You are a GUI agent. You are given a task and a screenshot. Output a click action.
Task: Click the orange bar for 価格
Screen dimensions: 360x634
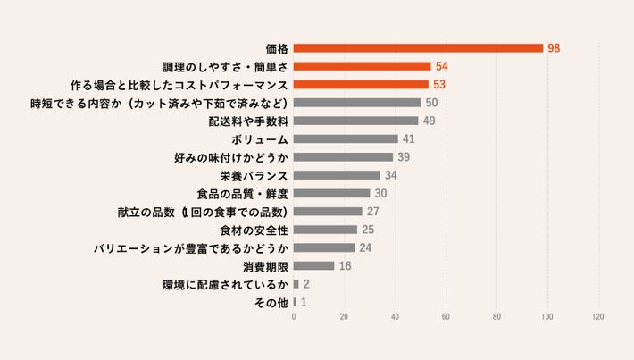pyautogui.click(x=418, y=47)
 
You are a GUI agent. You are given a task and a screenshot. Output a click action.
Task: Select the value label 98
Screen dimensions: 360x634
pyautogui.click(x=554, y=47)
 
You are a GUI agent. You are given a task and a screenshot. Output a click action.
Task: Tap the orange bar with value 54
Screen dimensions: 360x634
pyautogui.click(x=362, y=66)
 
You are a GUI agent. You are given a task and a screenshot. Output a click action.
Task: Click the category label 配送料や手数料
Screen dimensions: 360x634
pyautogui.click(x=248, y=121)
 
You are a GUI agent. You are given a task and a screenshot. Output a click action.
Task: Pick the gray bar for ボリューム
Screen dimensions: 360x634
pyautogui.click(x=346, y=138)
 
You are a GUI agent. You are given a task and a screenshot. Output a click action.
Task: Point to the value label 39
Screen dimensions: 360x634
pyautogui.click(x=404, y=157)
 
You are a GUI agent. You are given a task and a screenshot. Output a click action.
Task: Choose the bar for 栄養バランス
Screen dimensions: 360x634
pyautogui.click(x=337, y=175)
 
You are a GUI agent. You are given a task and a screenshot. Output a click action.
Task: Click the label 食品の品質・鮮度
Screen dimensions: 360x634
pyautogui.click(x=242, y=194)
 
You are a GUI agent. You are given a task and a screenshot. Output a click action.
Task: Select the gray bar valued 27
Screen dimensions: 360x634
pyautogui.click(x=328, y=212)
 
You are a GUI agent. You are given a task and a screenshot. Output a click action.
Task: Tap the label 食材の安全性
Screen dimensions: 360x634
pyautogui.click(x=254, y=230)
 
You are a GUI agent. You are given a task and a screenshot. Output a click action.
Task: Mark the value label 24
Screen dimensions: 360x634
pyautogui.click(x=365, y=248)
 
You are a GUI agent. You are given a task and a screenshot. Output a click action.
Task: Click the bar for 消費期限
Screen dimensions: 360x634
pyautogui.click(x=313, y=266)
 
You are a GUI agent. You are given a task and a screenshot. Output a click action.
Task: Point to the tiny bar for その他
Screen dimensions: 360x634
pyautogui.click(x=295, y=303)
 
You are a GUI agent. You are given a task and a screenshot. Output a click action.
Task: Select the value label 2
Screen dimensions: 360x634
pyautogui.click(x=306, y=285)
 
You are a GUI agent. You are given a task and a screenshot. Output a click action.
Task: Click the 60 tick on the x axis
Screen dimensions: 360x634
pyautogui.click(x=446, y=317)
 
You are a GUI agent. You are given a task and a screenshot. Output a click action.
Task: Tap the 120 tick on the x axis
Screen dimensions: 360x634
pyautogui.click(x=597, y=317)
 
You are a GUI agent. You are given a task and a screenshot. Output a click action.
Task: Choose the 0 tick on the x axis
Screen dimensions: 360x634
pyautogui.click(x=294, y=317)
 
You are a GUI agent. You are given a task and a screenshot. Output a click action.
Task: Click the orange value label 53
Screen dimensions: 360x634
pyautogui.click(x=438, y=84)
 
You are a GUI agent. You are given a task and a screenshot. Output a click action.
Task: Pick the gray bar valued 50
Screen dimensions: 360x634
pyautogui.click(x=357, y=103)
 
